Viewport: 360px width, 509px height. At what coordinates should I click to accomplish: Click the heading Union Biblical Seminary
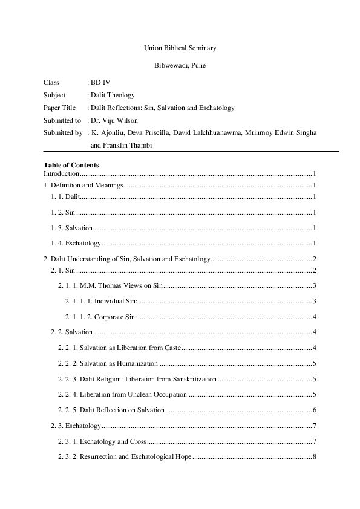click(x=180, y=47)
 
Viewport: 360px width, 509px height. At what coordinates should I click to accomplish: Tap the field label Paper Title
click(x=60, y=108)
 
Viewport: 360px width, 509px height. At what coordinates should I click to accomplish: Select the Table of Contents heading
click(x=71, y=165)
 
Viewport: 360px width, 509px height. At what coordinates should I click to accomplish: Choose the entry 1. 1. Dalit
click(x=65, y=198)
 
